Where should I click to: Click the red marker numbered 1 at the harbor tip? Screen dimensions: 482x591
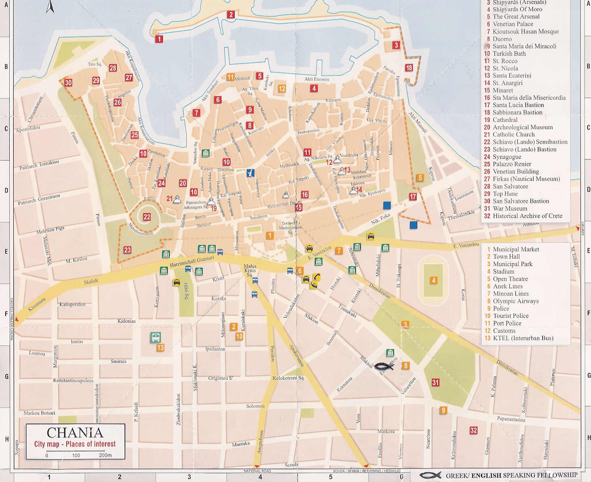(159, 39)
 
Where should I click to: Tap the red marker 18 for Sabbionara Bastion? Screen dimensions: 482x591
(409, 68)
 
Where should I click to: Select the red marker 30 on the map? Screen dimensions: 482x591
(68, 83)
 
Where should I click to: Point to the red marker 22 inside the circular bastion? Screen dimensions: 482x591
(147, 217)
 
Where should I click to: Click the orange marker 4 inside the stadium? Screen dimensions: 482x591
(433, 280)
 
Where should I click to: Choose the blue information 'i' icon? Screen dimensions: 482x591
(251, 173)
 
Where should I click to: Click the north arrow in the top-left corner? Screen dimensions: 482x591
(50, 7)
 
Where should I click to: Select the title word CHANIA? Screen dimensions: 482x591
(75, 433)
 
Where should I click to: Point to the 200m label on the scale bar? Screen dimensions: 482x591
(105, 455)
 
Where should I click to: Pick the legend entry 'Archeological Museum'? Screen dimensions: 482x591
(522, 127)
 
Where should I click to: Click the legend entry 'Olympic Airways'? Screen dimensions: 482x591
(515, 301)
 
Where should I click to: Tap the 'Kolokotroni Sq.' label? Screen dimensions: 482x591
(288, 378)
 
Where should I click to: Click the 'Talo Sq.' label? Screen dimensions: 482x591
(95, 64)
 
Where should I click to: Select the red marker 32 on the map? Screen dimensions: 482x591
(473, 430)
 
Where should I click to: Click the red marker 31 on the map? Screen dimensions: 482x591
(435, 382)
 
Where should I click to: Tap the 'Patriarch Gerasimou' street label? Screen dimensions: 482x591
(39, 199)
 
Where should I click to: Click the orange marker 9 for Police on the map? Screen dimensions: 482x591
(443, 410)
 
